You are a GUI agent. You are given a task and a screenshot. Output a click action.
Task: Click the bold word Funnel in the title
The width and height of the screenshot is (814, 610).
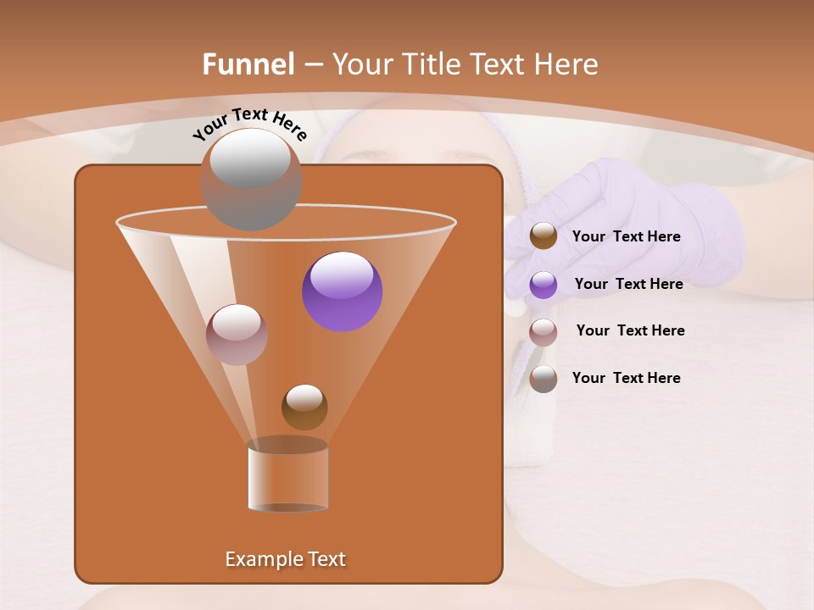pyautogui.click(x=248, y=64)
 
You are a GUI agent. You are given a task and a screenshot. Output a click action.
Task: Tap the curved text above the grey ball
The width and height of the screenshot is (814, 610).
pyautogui.click(x=249, y=123)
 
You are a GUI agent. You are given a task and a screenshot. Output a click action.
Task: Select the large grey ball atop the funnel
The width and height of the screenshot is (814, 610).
pyautogui.click(x=250, y=180)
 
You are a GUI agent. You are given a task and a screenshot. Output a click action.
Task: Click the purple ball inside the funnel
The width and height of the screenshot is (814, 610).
pyautogui.click(x=343, y=291)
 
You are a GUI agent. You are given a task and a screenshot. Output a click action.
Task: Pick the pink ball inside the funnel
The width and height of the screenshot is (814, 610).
pyautogui.click(x=237, y=335)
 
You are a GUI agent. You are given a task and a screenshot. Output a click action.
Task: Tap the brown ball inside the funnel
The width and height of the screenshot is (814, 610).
pyautogui.click(x=304, y=407)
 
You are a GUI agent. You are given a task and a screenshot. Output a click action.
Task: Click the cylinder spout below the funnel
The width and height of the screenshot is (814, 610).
pyautogui.click(x=287, y=476)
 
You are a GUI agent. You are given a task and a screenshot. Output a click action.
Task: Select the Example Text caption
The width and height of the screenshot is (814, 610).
pyautogui.click(x=286, y=559)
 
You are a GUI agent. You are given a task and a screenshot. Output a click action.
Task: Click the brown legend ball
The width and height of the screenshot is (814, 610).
pyautogui.click(x=544, y=236)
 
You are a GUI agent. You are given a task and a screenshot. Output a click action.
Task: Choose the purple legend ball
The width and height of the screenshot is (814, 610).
pyautogui.click(x=544, y=285)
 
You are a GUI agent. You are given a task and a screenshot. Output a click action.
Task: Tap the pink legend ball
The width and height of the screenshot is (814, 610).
pyautogui.click(x=544, y=332)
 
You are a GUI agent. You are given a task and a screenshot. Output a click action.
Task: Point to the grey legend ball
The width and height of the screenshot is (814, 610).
pyautogui.click(x=544, y=379)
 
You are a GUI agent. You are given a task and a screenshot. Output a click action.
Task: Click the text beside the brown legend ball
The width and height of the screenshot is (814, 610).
pyautogui.click(x=626, y=237)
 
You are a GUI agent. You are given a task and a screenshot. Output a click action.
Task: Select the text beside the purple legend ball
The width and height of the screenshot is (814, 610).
pyautogui.click(x=628, y=284)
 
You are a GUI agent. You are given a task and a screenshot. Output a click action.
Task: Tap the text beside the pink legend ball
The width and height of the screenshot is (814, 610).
pyautogui.click(x=630, y=330)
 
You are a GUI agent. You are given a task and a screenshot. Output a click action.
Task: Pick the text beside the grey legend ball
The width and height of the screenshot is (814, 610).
pyautogui.click(x=626, y=378)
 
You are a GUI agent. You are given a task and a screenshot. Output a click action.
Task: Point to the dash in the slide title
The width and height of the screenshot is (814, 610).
pyautogui.click(x=313, y=65)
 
